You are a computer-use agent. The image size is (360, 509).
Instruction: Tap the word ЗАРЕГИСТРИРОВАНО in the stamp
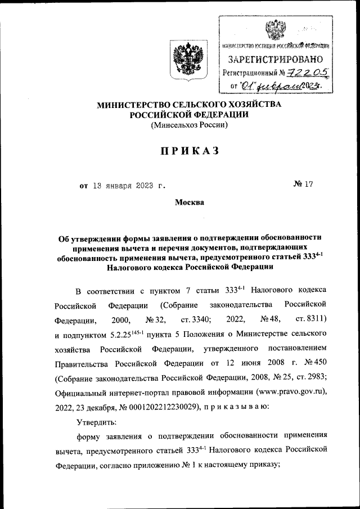pos(275,59)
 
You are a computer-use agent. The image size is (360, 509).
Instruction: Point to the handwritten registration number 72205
pos(307,72)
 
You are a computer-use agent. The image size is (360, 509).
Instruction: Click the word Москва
pos(190,202)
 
